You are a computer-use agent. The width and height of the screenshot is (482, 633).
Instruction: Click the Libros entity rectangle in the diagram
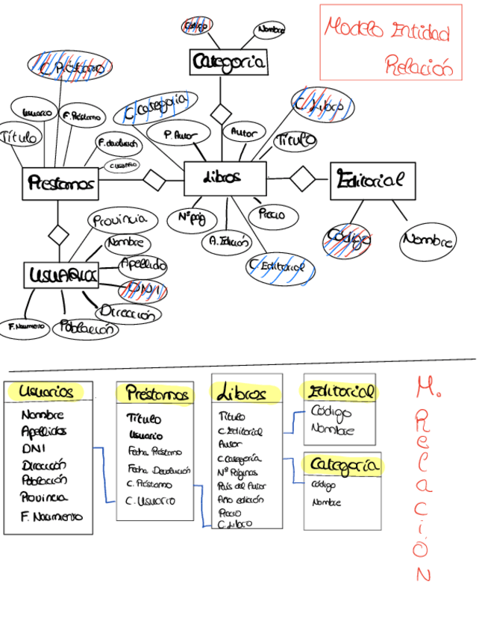pos(224,178)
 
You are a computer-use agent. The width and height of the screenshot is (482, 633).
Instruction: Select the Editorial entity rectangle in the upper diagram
pos(372,181)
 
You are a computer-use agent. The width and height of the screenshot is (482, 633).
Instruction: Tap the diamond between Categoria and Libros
pos(220,114)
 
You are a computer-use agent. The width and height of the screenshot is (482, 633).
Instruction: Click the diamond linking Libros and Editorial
pos(302,178)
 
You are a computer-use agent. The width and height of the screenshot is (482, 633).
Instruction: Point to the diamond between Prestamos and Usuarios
pos(58,234)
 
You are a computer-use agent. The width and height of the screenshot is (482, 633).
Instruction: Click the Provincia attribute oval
pos(123,220)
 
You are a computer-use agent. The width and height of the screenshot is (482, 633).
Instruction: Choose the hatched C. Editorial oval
pos(281,266)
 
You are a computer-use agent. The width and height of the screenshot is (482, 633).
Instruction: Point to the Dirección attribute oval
pos(128,314)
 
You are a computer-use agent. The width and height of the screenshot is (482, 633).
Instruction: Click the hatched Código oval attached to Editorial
pos(347,240)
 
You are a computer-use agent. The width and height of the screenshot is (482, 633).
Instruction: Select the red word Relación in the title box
pos(419,66)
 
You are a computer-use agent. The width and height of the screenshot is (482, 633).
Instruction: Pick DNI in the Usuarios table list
pos(34,448)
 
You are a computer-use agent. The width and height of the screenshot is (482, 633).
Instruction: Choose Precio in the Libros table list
pos(229,513)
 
